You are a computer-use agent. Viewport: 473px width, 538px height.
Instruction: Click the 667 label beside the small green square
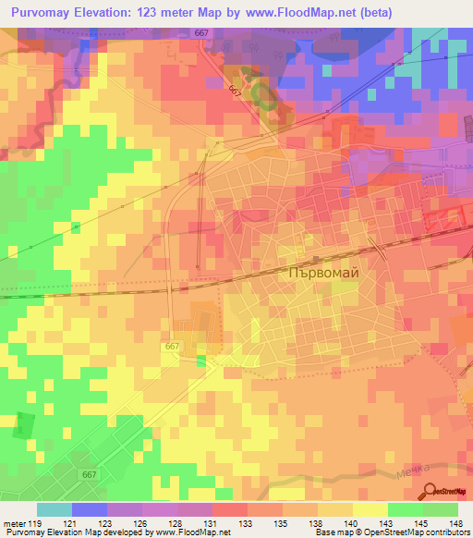pos(172,346)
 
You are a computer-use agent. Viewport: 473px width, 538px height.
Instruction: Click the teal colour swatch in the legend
pos(55,509)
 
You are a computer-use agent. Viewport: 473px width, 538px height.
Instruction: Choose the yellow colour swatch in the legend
pos(370,509)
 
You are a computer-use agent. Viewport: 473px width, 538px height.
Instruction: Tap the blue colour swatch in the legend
pos(90,509)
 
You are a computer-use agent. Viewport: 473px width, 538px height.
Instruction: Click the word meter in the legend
pos(15,523)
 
